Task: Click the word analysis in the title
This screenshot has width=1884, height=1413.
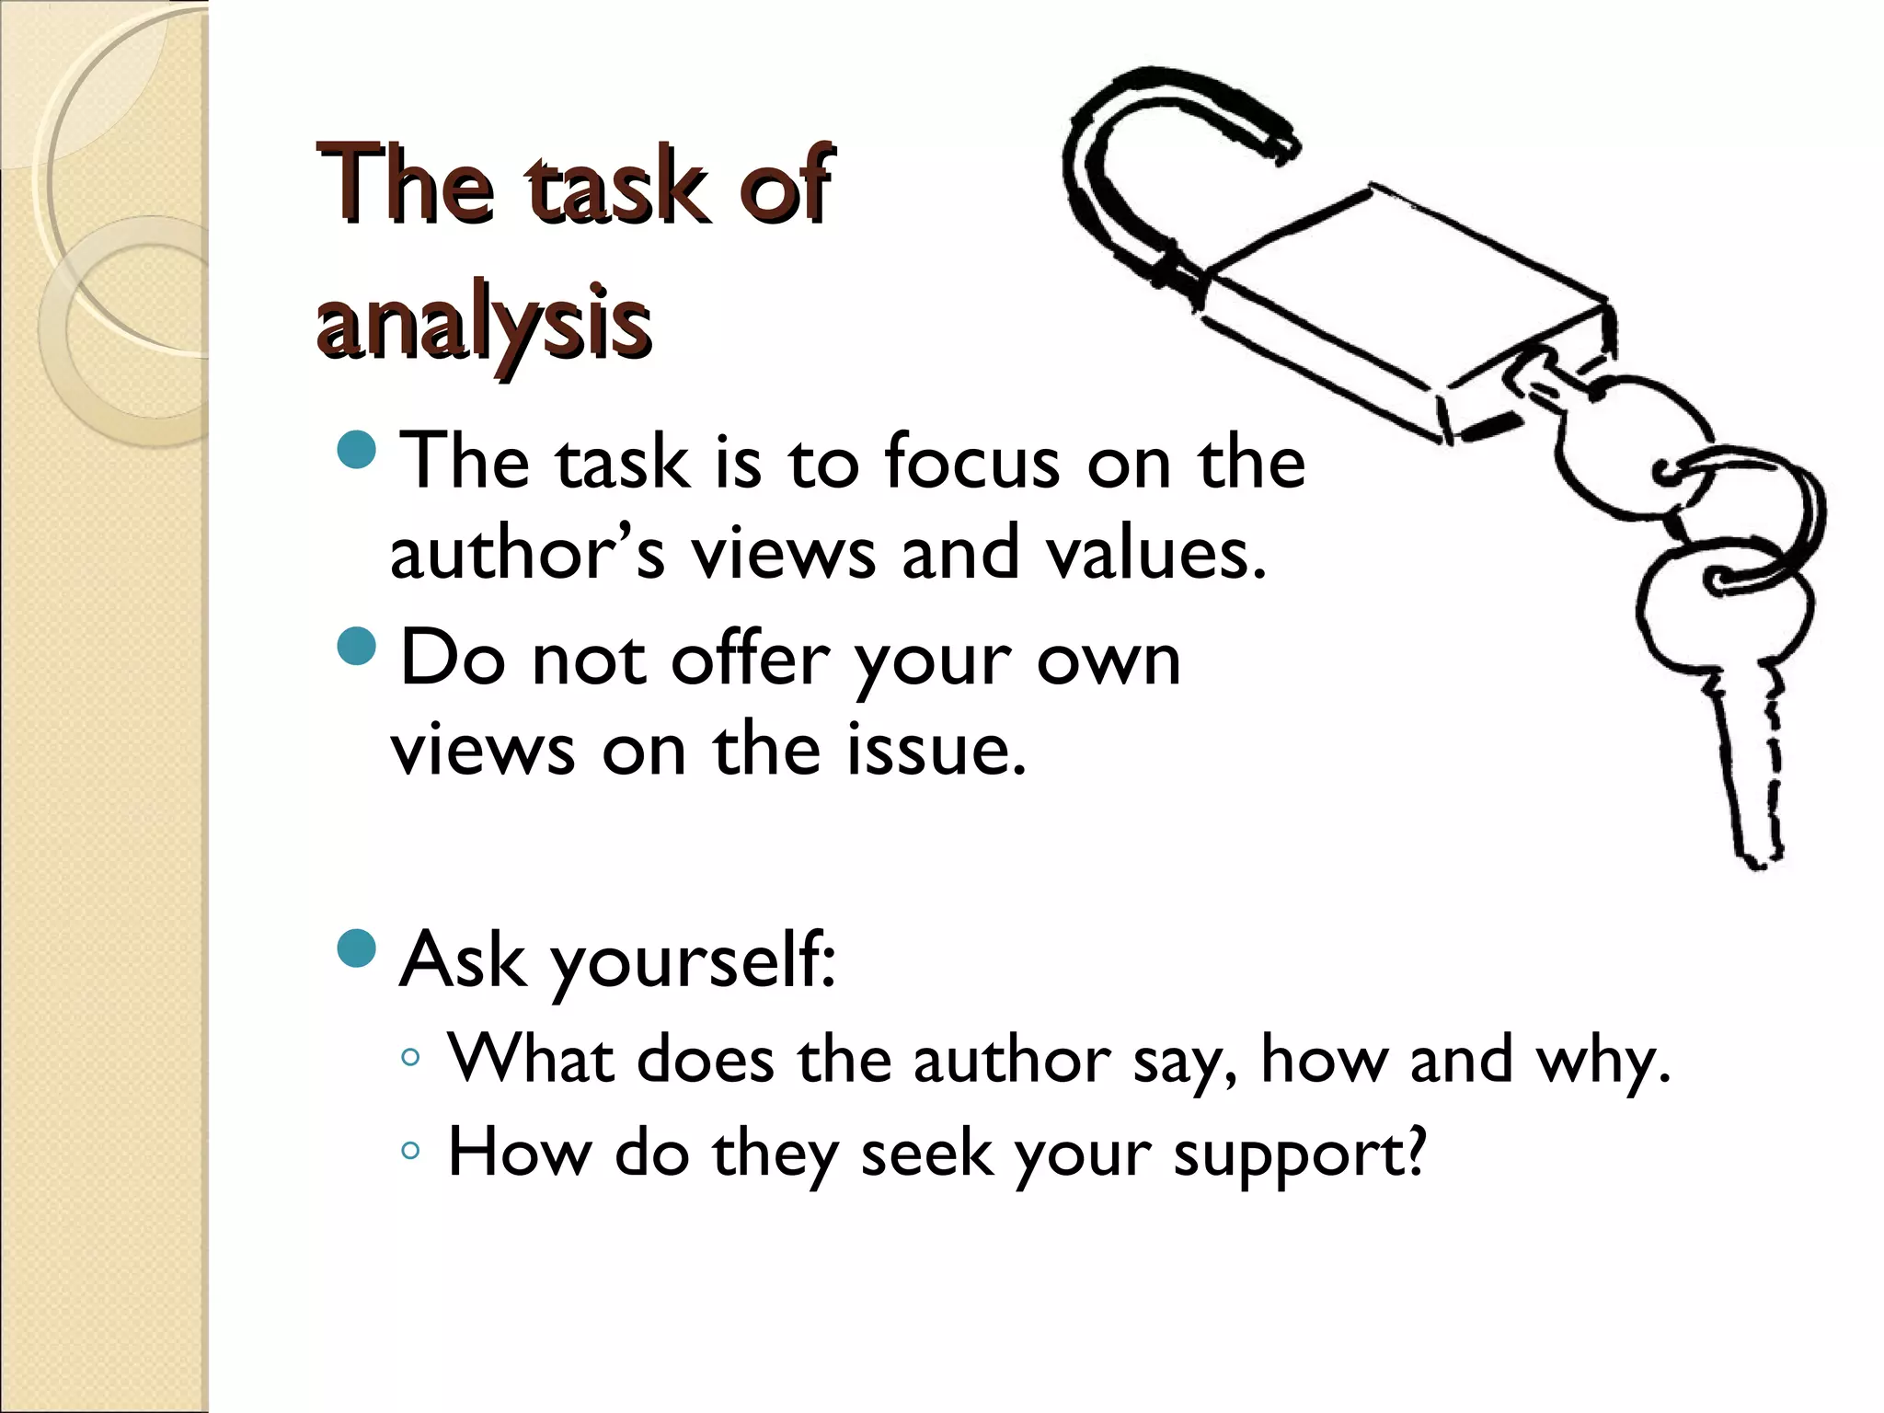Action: click(x=484, y=322)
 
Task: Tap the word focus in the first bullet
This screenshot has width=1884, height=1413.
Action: click(x=971, y=462)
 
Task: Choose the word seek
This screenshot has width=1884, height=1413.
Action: click(x=927, y=1153)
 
